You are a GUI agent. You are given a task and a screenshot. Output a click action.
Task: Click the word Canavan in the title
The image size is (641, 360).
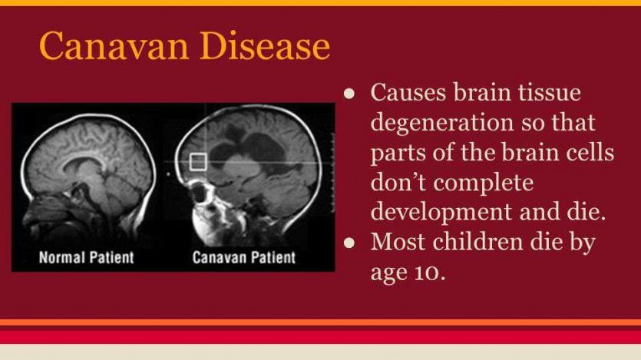click(x=114, y=46)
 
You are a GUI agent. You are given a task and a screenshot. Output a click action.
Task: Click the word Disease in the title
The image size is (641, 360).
click(x=265, y=46)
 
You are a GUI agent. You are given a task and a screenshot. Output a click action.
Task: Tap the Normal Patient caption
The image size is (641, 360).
click(x=86, y=257)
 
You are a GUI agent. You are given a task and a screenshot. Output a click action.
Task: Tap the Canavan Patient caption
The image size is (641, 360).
click(x=243, y=257)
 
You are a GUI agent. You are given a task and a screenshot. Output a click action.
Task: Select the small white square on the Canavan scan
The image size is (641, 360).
click(x=198, y=162)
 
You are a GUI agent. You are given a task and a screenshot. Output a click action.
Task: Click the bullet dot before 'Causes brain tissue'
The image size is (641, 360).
click(x=349, y=94)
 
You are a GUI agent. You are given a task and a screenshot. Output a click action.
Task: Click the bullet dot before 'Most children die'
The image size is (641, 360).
click(x=349, y=243)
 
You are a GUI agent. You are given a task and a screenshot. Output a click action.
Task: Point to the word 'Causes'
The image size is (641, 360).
click(x=408, y=92)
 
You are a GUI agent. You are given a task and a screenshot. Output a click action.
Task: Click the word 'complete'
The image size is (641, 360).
click(x=484, y=183)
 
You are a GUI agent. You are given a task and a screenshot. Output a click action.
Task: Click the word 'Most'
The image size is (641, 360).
click(x=398, y=242)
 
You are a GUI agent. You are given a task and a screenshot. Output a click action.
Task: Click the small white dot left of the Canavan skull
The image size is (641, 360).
click(x=168, y=175)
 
